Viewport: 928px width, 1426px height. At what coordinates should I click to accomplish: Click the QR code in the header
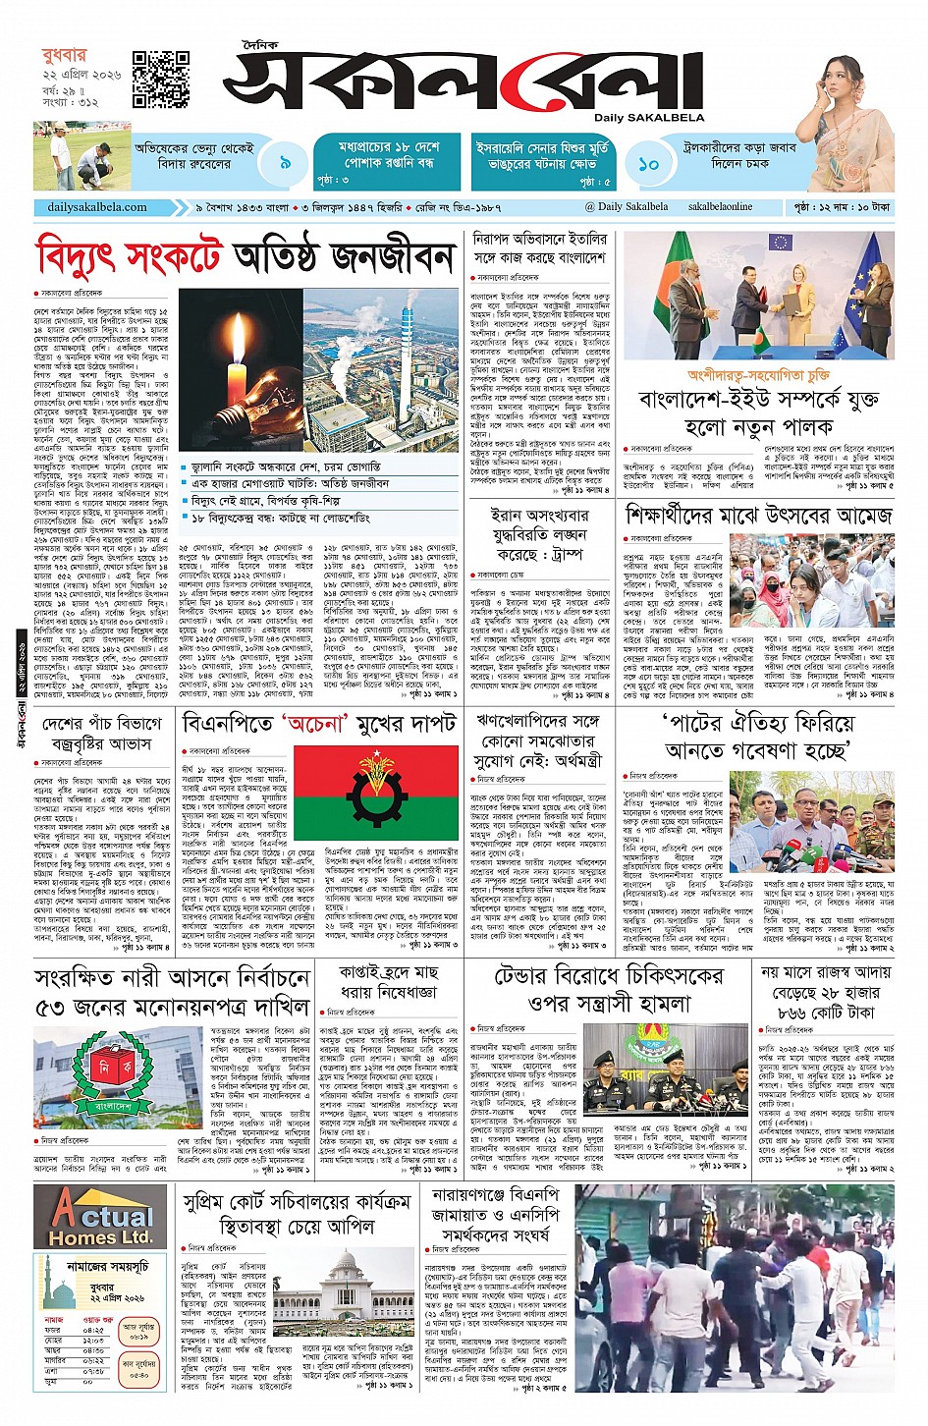[x=161, y=80]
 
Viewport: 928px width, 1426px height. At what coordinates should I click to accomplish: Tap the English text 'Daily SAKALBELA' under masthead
[x=648, y=118]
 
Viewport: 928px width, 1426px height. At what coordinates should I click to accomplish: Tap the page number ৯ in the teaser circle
[x=285, y=163]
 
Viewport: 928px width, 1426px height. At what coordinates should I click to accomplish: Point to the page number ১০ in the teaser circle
[x=648, y=163]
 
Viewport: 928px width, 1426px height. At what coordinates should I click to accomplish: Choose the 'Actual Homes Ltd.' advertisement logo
[x=101, y=1215]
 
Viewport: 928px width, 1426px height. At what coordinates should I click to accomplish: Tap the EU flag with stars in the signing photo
[x=866, y=273]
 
